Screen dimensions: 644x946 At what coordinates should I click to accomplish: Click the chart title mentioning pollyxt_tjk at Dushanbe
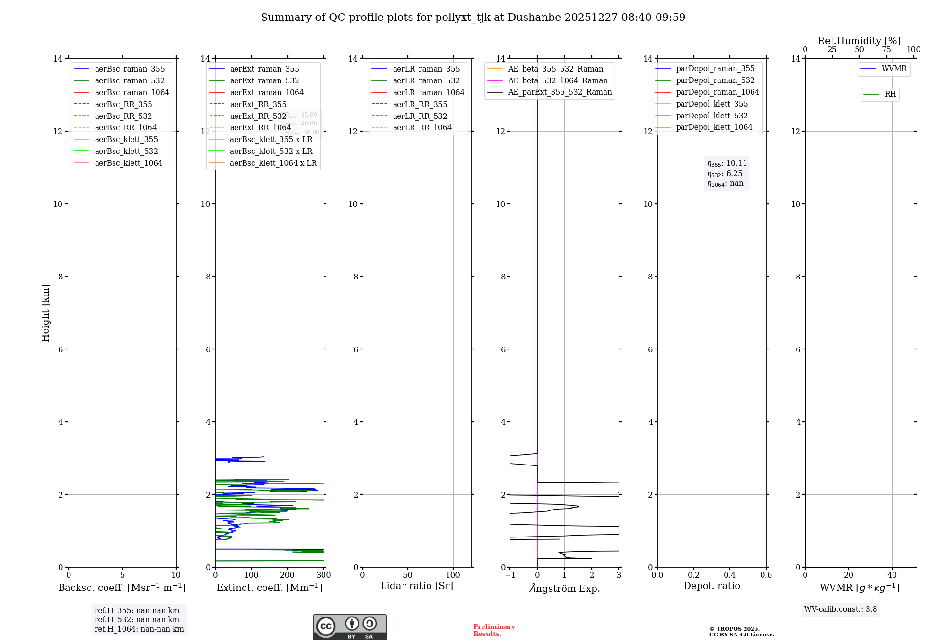point(473,18)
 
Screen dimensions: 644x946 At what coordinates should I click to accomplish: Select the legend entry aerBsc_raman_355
point(130,69)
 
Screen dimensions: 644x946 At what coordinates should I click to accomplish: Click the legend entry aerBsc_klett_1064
point(128,163)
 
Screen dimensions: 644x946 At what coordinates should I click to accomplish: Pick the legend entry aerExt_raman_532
point(264,81)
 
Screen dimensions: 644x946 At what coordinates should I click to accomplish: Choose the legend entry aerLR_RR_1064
point(422,127)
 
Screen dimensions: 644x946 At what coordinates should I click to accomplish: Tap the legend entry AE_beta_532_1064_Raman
point(558,80)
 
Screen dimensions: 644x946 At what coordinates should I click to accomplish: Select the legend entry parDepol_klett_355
point(712,104)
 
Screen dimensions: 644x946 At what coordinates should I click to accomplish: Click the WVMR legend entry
point(893,69)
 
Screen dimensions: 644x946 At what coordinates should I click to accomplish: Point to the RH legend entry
point(890,94)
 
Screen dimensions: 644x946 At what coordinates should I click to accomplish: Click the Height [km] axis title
point(45,313)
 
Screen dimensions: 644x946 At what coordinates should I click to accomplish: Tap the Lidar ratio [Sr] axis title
point(417,586)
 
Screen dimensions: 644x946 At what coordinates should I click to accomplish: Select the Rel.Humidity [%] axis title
point(859,41)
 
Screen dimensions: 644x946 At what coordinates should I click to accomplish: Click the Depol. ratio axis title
point(711,586)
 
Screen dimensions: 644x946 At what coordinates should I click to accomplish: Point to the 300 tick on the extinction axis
point(324,575)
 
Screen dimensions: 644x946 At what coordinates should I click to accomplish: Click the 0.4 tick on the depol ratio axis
point(730,575)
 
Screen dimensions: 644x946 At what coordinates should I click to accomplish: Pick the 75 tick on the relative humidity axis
point(886,50)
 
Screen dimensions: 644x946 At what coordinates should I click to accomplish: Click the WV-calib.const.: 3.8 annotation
point(841,609)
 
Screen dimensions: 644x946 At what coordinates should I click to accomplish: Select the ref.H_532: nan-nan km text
point(137,620)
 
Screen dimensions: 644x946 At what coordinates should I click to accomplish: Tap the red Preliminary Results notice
point(494,630)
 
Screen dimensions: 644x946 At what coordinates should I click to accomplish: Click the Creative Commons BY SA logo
point(350,627)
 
